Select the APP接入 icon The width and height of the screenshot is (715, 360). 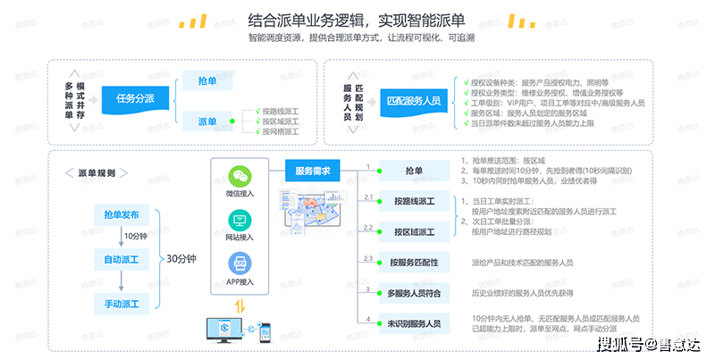click(x=240, y=263)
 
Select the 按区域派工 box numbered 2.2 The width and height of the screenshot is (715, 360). click(x=414, y=232)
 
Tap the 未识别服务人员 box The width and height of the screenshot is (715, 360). click(x=414, y=322)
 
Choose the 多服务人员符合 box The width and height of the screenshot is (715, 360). click(x=414, y=292)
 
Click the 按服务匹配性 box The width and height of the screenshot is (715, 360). click(x=414, y=263)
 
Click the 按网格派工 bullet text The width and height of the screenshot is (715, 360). click(x=280, y=131)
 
